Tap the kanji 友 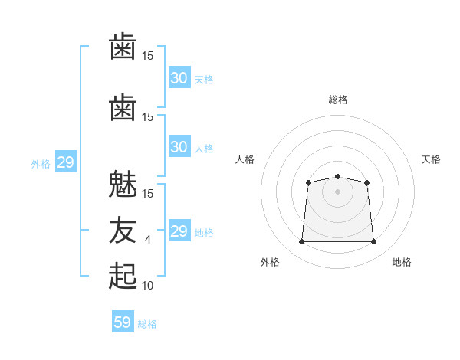point(123,230)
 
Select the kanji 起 point(123,275)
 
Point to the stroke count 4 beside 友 point(148,240)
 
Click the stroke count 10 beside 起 point(148,285)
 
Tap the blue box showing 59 point(123,322)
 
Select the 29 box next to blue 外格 point(65,162)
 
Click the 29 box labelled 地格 point(179,231)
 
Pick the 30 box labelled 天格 point(179,78)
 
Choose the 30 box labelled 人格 point(179,147)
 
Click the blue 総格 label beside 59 point(147,324)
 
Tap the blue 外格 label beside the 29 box point(41,163)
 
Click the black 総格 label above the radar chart point(337,100)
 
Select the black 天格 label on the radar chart point(431,159)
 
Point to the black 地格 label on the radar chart point(402,262)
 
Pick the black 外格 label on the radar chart point(270,262)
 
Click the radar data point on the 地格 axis point(373,242)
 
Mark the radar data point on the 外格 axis point(301,242)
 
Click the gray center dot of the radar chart point(337,191)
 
